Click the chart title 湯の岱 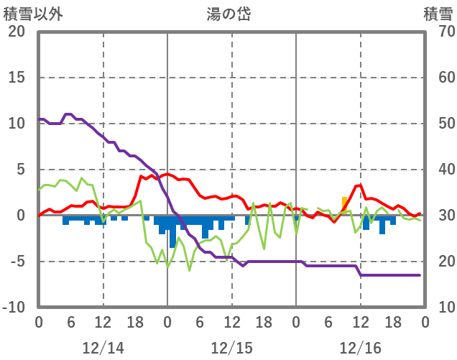coord(231,14)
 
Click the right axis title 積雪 coord(438,14)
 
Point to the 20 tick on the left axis coord(17,32)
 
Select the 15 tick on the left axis coord(17,78)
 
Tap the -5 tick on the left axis coord(17,262)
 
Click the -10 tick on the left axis coord(14,308)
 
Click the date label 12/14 coord(103,349)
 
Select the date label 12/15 coord(231,349)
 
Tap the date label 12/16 coord(360,349)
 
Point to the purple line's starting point coord(39,119)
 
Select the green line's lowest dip coord(190,270)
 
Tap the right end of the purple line coord(420,275)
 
